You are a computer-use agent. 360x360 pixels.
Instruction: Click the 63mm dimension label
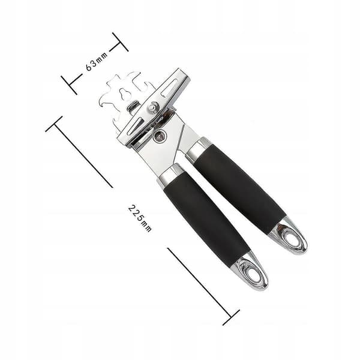[97, 61]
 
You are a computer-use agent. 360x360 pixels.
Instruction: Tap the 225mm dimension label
[140, 218]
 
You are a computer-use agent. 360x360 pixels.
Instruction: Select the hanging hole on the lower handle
[253, 273]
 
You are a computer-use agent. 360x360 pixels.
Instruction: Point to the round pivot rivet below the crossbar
[160, 136]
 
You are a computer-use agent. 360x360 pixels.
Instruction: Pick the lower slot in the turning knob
[133, 125]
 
